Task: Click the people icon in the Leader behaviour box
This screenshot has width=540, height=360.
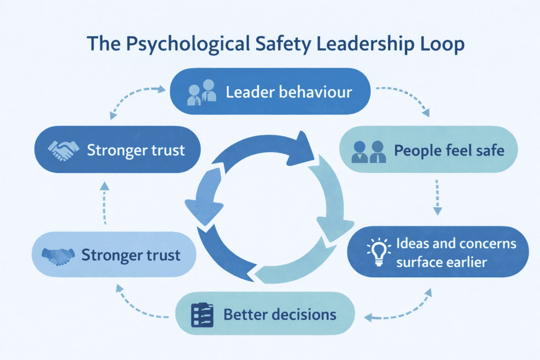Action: (x=202, y=91)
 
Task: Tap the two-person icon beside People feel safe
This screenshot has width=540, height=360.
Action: (x=370, y=151)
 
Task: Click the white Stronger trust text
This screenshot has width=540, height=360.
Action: (x=136, y=150)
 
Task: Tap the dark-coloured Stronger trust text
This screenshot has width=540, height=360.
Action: (x=131, y=256)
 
